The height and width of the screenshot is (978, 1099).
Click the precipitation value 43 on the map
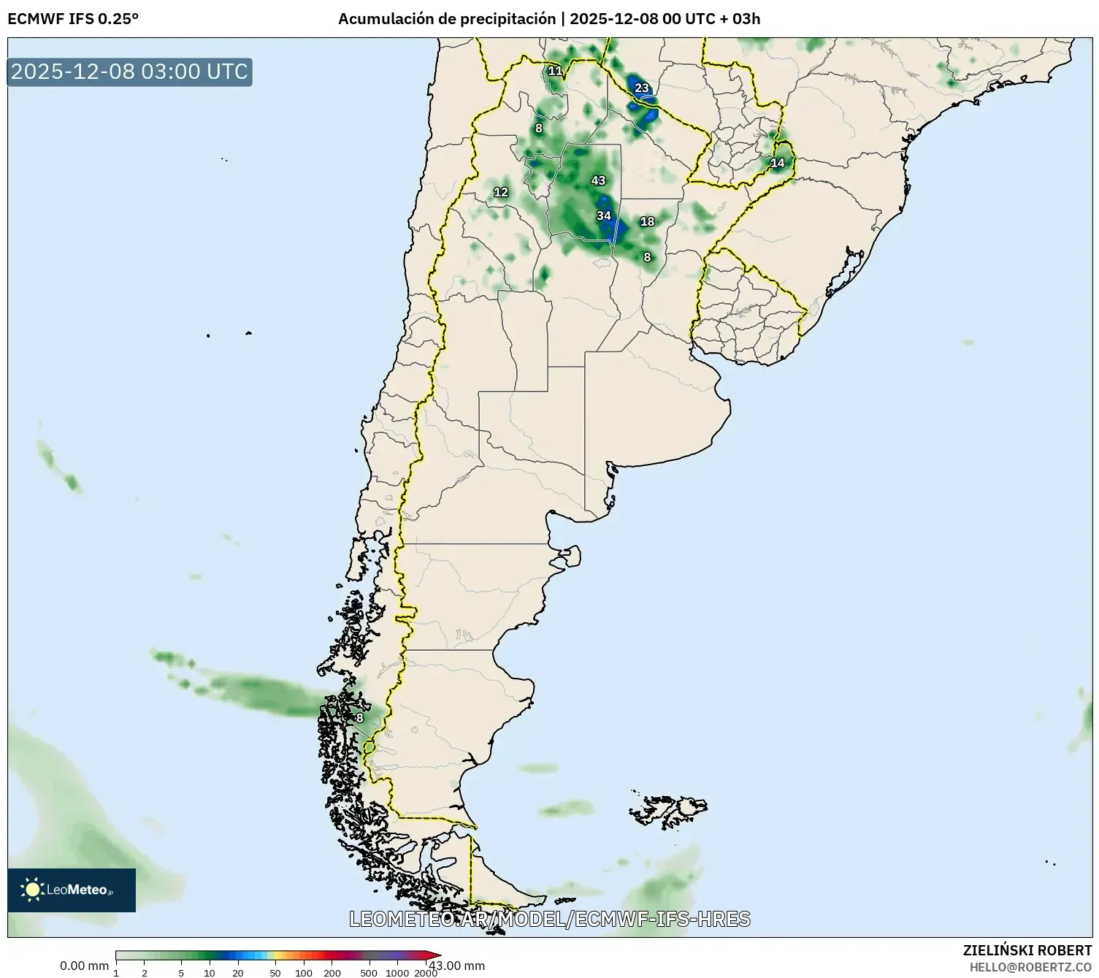[x=598, y=180]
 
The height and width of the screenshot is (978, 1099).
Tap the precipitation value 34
[x=603, y=215]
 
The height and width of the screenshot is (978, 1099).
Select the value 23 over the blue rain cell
[x=641, y=88]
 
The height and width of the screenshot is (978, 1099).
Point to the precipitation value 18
[x=647, y=221]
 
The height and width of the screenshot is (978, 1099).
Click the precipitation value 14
[x=777, y=163]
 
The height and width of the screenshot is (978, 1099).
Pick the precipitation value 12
[x=500, y=192]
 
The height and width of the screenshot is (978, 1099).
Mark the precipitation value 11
[x=555, y=71]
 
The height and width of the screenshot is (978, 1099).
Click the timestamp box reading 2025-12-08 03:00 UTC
[x=130, y=72]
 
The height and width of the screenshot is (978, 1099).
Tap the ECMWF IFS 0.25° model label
[x=73, y=19]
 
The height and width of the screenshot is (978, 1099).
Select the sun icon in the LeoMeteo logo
[x=32, y=889]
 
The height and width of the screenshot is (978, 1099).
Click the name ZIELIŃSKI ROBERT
[x=1027, y=950]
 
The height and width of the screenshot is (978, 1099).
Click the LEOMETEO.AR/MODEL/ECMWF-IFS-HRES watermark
[x=549, y=919]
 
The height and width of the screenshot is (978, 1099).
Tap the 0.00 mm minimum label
[x=84, y=966]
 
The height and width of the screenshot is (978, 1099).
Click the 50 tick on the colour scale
[x=275, y=972]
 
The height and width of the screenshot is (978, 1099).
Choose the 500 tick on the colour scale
[x=369, y=972]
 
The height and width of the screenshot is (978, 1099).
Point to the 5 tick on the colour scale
[x=181, y=972]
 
